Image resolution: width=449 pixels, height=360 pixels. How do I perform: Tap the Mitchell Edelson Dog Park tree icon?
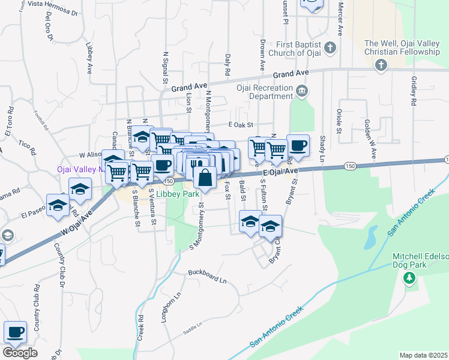(x=409, y=277)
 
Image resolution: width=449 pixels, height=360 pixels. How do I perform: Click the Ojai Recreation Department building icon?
(x=301, y=91)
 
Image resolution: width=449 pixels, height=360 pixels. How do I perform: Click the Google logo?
(x=20, y=353)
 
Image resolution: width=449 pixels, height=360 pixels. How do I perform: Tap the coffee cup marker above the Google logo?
(x=16, y=332)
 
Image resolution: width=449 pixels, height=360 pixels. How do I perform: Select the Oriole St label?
(x=340, y=121)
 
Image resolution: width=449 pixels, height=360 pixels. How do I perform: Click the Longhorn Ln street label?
(x=163, y=307)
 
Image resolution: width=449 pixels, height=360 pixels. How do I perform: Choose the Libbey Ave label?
(x=89, y=58)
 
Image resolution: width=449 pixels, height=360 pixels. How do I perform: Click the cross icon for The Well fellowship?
(x=381, y=65)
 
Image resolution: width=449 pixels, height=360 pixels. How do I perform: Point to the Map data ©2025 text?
(x=423, y=355)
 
